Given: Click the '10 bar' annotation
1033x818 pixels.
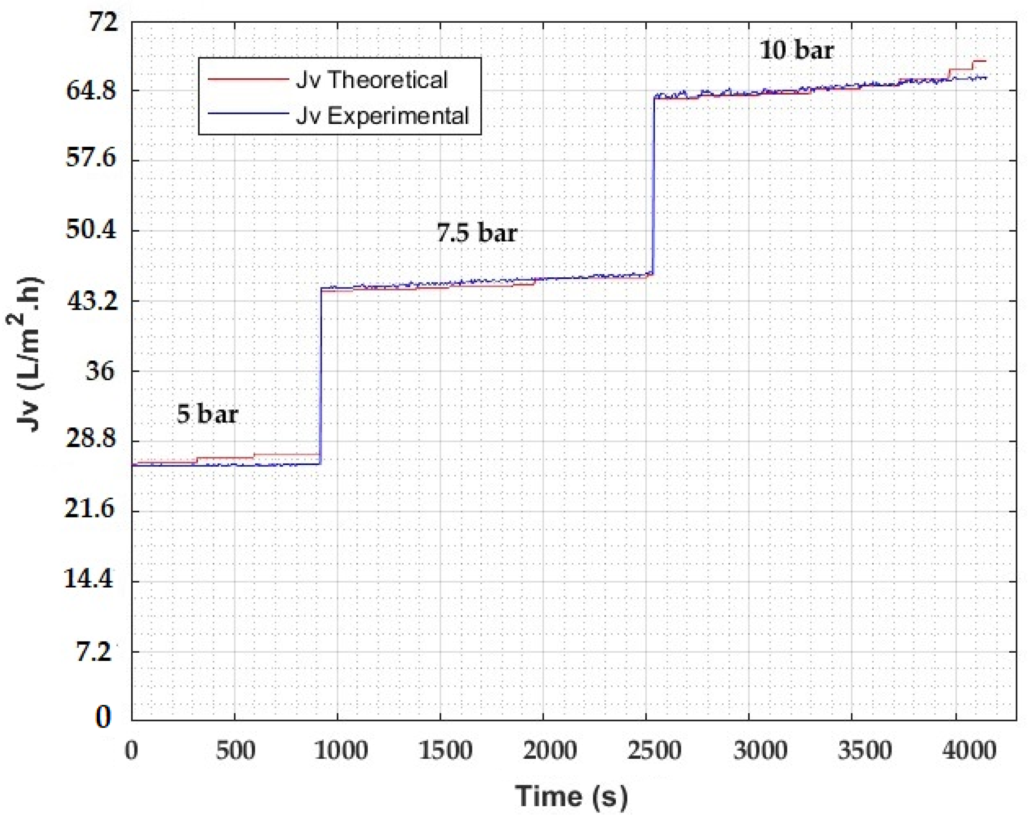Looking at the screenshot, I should (797, 50).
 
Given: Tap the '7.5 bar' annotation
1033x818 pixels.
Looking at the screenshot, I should (477, 233).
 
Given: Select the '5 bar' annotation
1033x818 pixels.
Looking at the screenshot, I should (207, 413).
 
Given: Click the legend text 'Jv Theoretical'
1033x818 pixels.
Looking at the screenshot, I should (372, 80).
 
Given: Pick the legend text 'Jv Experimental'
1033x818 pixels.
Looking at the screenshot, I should (382, 116).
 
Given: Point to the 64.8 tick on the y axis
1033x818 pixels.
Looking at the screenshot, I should (91, 90).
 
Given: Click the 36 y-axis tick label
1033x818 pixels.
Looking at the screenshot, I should (100, 371).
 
